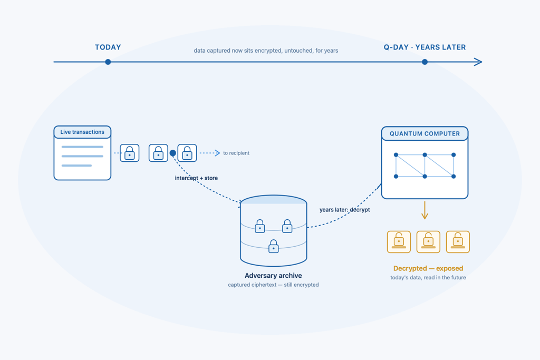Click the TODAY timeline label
point(108,47)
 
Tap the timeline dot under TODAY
point(108,62)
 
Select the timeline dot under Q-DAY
point(425,62)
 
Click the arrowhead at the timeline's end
point(479,62)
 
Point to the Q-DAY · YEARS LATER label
point(425,47)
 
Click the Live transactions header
point(82,132)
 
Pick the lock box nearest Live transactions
point(130,153)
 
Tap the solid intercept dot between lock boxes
point(173,153)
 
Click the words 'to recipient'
point(236,153)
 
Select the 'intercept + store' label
point(196,178)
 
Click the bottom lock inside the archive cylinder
point(274,246)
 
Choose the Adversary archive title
point(273,276)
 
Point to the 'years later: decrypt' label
point(345,210)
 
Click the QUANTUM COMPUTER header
point(425,133)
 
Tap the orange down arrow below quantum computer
point(425,210)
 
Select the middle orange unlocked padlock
point(428,242)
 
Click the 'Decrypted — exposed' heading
point(428,268)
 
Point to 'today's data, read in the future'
point(428,278)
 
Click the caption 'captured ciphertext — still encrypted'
point(273,285)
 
